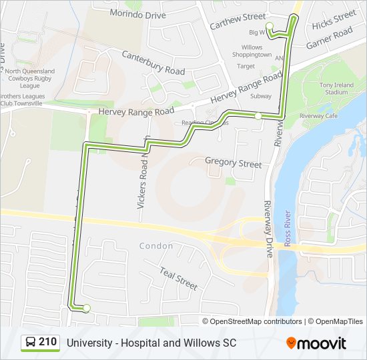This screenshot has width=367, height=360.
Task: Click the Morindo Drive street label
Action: (x=137, y=13)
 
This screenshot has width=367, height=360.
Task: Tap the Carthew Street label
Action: (x=237, y=24)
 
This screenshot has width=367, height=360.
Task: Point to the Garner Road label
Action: (x=329, y=38)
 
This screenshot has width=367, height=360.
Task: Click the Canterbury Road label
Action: (x=153, y=61)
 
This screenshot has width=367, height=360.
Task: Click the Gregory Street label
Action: (x=234, y=162)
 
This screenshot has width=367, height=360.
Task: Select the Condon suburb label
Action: (x=156, y=246)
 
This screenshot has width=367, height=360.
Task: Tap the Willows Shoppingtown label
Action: (x=252, y=51)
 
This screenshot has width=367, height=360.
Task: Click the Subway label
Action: (x=260, y=96)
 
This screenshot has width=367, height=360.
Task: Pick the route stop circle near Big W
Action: (x=270, y=26)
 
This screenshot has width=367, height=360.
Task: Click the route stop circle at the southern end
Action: (x=87, y=307)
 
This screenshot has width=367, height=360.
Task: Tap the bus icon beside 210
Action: (x=30, y=343)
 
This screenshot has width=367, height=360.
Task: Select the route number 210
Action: (x=47, y=342)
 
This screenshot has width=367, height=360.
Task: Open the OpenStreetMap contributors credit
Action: (x=256, y=321)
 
